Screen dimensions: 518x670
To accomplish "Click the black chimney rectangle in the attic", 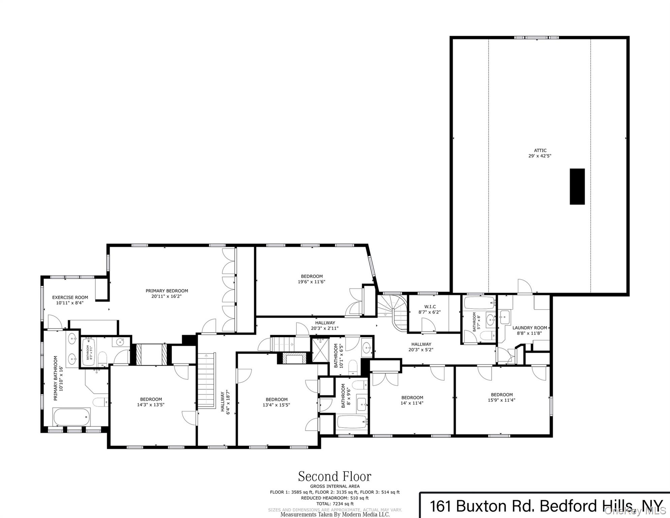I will tap(577, 186).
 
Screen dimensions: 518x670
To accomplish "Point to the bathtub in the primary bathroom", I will tap(71, 417).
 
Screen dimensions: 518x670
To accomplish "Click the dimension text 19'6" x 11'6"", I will tap(311, 282).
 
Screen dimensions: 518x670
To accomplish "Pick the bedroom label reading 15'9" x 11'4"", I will tap(501, 397).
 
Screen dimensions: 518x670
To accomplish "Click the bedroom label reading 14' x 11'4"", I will tap(412, 400).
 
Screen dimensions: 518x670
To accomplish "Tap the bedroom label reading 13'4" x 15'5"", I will tap(276, 402).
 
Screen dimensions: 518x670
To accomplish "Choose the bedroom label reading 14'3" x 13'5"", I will tap(151, 402).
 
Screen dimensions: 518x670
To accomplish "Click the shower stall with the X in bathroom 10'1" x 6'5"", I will tap(319, 350).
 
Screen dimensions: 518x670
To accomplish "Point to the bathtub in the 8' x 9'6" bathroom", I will tap(352, 422).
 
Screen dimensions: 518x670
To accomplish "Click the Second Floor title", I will tap(334, 477).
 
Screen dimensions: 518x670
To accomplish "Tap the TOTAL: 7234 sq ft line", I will tap(335, 503).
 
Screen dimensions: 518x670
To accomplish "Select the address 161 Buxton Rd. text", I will tap(482, 506).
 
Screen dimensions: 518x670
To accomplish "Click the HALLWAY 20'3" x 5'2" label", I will tap(421, 347).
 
